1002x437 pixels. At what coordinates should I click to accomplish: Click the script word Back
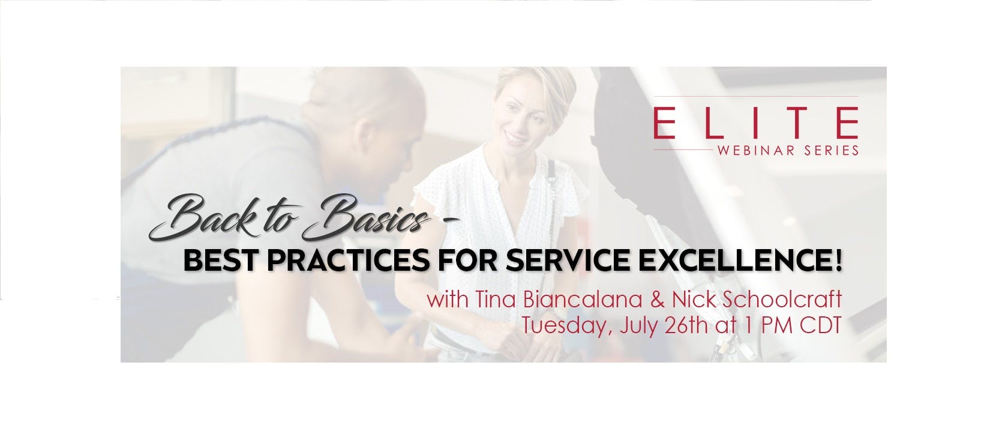coord(202,220)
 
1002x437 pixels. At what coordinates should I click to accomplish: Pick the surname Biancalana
coord(585,300)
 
